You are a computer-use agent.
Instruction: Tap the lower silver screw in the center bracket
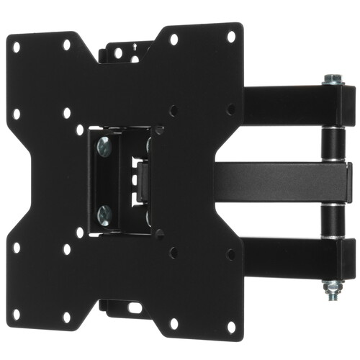point(105,213)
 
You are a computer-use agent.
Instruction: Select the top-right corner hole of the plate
point(231,35)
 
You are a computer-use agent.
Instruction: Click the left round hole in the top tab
point(117,53)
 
